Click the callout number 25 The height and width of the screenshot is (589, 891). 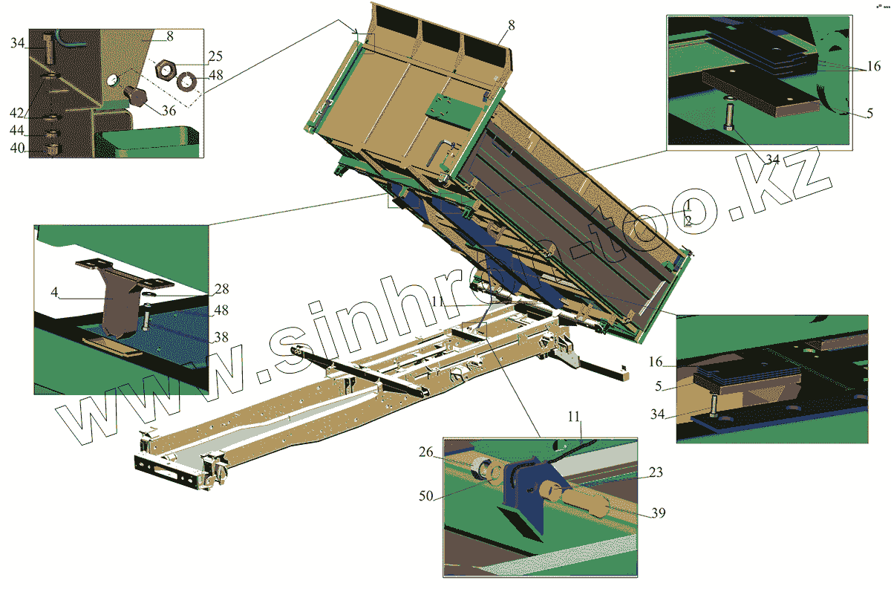pyautogui.click(x=195, y=56)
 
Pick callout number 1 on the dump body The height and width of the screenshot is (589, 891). pyautogui.click(x=688, y=204)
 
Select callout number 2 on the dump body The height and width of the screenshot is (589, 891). pyautogui.click(x=688, y=221)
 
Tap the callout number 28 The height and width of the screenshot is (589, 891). pyautogui.click(x=221, y=289)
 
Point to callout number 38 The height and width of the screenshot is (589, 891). pyautogui.click(x=221, y=337)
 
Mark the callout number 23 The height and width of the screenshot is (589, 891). pyautogui.click(x=656, y=472)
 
